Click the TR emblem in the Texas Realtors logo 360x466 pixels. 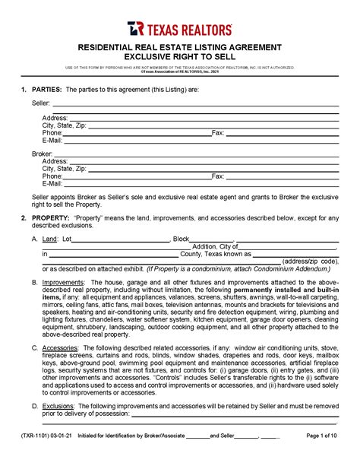pos(135,29)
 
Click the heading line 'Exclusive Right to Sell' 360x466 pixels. pos(179,57)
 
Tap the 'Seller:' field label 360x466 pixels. pos(41,103)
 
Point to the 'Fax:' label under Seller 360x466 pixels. pos(218,133)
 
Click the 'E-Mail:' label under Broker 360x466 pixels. pos(52,183)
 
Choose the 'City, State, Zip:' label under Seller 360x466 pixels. pos(65,125)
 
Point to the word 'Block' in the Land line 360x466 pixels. pos(182,239)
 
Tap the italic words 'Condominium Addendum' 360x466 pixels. pos(290,268)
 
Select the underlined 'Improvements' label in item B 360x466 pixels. pos(63,281)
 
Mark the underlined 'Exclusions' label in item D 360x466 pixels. pos(59,406)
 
